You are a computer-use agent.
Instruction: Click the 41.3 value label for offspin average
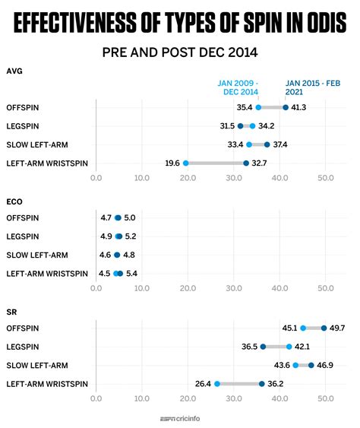pos(299,108)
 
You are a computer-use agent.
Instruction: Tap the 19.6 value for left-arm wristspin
pos(172,163)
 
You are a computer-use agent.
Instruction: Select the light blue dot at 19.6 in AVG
pos(186,163)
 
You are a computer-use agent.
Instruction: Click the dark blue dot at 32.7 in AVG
pos(246,163)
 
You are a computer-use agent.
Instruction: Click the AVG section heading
pos(14,71)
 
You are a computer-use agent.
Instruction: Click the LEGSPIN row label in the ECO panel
pos(24,236)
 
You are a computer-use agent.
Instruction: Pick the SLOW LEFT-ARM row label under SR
pos(36,366)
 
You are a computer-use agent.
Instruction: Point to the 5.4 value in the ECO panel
pos(131,273)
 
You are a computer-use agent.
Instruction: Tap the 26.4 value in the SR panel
pos(203,384)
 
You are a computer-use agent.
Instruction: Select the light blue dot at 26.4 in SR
pos(217,384)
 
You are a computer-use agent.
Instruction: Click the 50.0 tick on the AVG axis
pos(326,179)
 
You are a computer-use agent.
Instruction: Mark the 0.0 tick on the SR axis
pos(96,399)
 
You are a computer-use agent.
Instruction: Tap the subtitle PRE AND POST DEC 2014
pos(179,52)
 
